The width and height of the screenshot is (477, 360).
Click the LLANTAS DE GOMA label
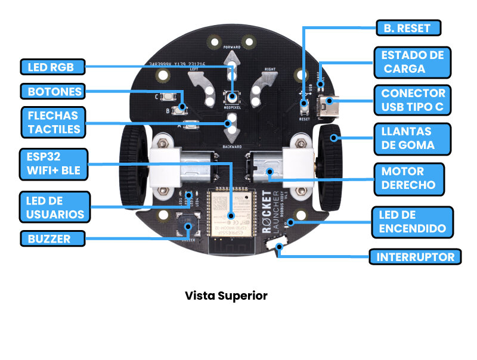tap(408, 138)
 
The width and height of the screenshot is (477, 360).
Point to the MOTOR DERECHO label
tap(408, 178)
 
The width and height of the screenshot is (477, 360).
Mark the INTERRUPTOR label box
tap(415, 257)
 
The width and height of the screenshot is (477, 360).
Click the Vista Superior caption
tap(226, 296)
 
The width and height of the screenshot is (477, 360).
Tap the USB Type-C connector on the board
tap(327, 107)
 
